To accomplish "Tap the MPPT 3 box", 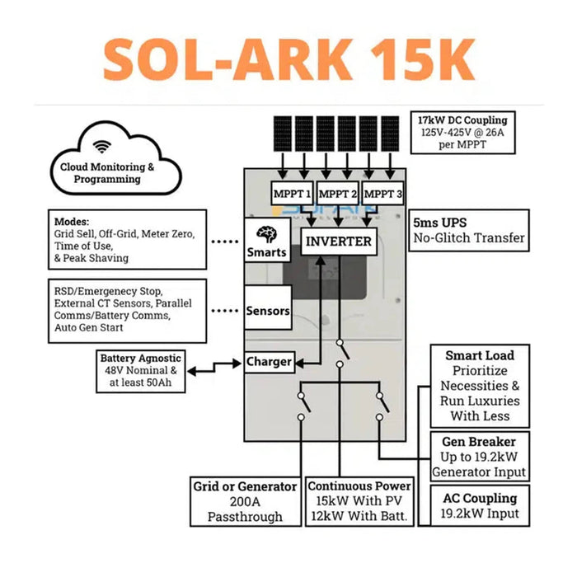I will point(383,194).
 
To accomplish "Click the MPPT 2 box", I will point(338,194).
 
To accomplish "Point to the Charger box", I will point(269,361).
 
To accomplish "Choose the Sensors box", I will point(268,311).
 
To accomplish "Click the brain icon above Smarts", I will point(266,232).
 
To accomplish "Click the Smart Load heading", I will point(480,355).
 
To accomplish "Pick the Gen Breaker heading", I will point(479,442).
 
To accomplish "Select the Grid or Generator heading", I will point(245,486).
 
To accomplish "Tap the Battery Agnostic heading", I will point(140,359).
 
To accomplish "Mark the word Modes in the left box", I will point(72,222).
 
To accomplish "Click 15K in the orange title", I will point(415,59).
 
